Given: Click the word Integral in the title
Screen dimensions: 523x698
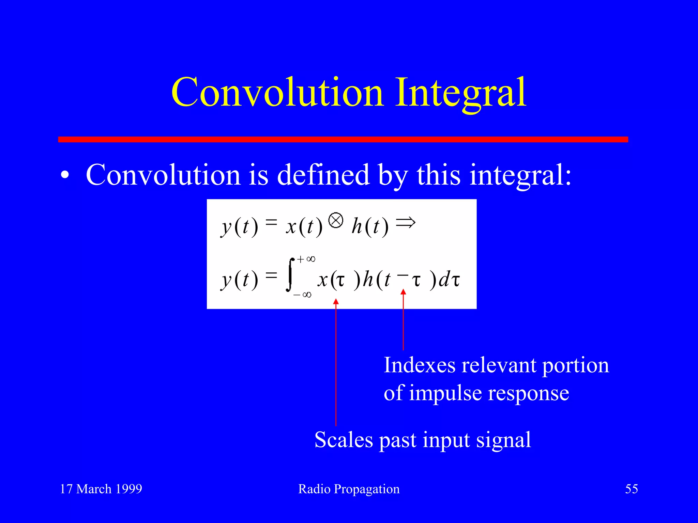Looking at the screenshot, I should pyautogui.click(x=461, y=93).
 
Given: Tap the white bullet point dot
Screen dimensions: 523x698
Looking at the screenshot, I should pyautogui.click(x=65, y=176).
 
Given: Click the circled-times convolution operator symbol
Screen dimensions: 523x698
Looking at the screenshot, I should pyautogui.click(x=336, y=220).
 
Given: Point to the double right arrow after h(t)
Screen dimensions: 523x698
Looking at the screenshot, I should pyautogui.click(x=406, y=223).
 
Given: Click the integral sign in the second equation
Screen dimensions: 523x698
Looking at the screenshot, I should pyautogui.click(x=290, y=275).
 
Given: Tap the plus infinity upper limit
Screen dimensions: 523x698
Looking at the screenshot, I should pyautogui.click(x=306, y=259).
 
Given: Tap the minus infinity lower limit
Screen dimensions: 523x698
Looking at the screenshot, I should pyautogui.click(x=302, y=295).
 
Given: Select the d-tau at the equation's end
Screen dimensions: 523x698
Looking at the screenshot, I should pyautogui.click(x=449, y=280).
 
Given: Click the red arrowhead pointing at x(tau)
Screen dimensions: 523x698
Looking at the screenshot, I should pyautogui.click(x=336, y=302).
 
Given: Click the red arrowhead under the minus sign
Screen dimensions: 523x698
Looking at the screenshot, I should pyautogui.click(x=403, y=292).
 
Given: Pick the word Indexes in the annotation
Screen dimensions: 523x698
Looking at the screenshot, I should pyautogui.click(x=419, y=365).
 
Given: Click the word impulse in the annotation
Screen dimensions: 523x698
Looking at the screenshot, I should pyautogui.click(x=445, y=394).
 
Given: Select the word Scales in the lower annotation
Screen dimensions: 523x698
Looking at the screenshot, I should pyautogui.click(x=344, y=440).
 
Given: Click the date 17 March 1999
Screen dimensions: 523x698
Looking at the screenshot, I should pyautogui.click(x=101, y=489).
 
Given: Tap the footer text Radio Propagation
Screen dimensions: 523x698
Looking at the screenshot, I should pyautogui.click(x=349, y=489).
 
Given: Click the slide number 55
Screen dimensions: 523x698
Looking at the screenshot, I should pyautogui.click(x=631, y=489).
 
